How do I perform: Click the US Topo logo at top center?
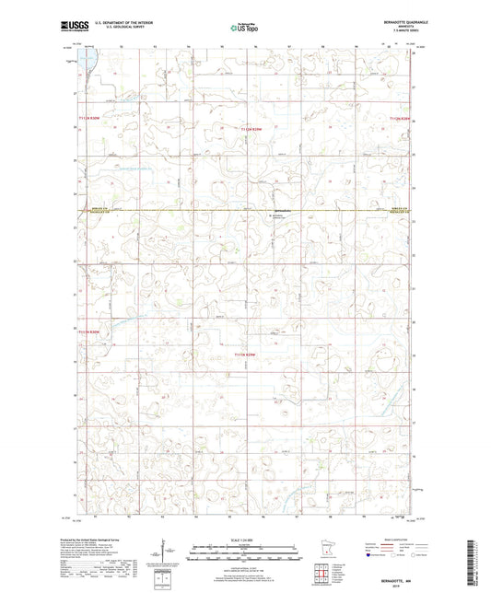point(245,29)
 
